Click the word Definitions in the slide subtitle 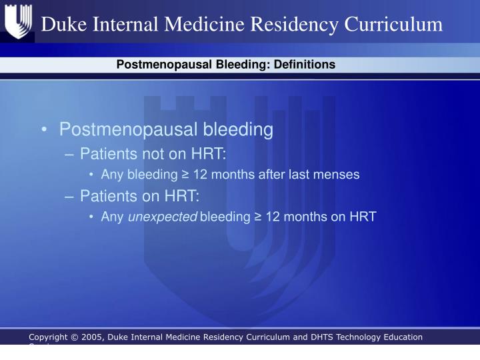306,65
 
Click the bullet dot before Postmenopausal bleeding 43,129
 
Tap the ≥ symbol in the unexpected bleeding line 257,217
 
